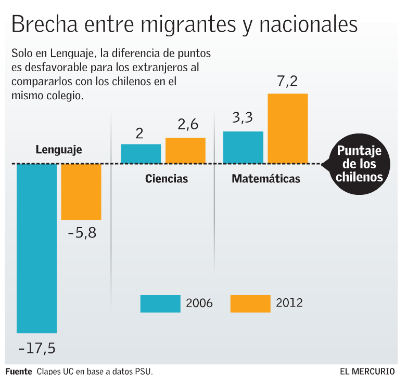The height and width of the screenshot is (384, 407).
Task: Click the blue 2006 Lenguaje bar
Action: [x=36, y=248]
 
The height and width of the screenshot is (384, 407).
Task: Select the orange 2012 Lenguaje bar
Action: [x=81, y=191]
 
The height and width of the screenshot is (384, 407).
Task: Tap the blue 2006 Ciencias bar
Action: [x=141, y=154]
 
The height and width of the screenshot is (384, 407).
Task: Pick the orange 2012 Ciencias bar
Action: [x=185, y=151]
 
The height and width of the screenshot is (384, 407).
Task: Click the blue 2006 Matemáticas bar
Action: [x=243, y=148]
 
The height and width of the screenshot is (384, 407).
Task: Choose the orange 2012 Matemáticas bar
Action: [x=288, y=129]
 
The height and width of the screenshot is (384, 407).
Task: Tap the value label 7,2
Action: [x=287, y=82]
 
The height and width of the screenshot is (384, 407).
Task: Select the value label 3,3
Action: [x=243, y=118]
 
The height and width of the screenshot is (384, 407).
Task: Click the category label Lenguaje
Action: [x=59, y=150]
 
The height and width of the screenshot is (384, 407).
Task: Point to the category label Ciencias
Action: [x=167, y=179]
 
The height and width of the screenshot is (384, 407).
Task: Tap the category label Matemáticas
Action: [x=266, y=179]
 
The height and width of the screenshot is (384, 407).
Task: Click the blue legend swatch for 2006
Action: [x=160, y=303]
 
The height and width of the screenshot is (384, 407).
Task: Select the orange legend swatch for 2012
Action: [x=250, y=303]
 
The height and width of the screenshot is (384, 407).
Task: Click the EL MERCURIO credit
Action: [x=367, y=372]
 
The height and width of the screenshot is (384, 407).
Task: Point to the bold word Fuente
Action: [x=19, y=372]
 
